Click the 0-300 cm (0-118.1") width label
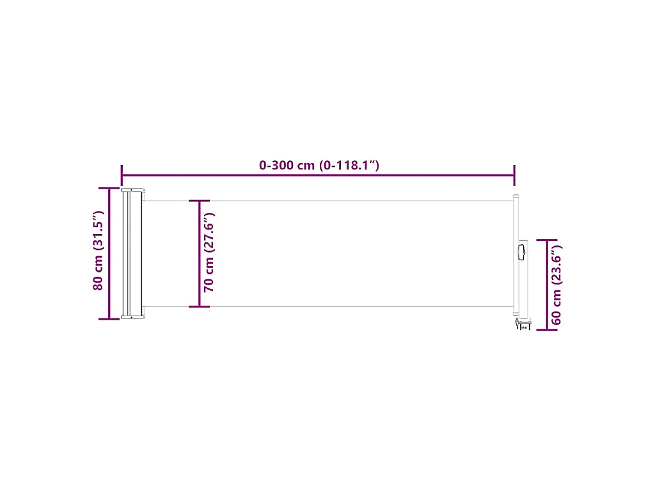(x=319, y=166)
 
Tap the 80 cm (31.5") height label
(x=99, y=251)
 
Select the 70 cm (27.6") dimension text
(x=209, y=254)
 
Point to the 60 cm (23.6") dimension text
(x=556, y=285)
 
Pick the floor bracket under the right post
(x=521, y=325)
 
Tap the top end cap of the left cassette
(x=133, y=191)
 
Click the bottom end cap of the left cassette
(x=133, y=316)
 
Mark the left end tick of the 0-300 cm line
(x=122, y=174)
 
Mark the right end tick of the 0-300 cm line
(x=514, y=174)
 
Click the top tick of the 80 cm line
(x=109, y=189)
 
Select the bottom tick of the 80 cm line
(x=109, y=318)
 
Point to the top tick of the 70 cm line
(x=200, y=201)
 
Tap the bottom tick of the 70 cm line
(x=200, y=307)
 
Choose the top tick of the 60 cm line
(x=546, y=240)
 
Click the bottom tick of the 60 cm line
(x=546, y=330)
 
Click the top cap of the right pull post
(x=516, y=198)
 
